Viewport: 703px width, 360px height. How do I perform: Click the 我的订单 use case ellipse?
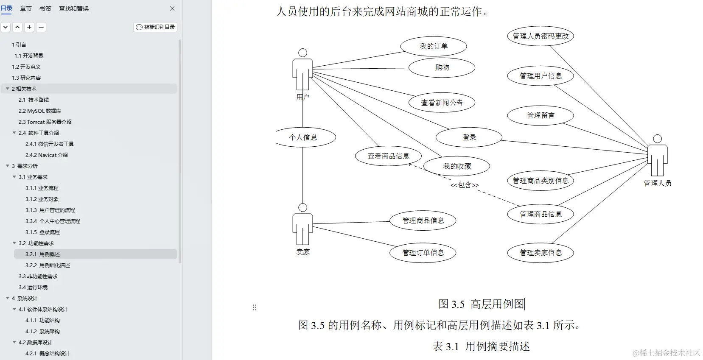(433, 46)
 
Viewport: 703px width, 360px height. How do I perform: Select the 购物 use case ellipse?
(442, 67)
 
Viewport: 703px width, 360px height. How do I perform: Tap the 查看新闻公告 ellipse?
(442, 103)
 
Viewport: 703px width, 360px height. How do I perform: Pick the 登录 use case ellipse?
(469, 137)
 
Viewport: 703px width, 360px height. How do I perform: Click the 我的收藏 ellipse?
(457, 166)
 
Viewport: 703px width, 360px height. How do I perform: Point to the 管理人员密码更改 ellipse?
(540, 36)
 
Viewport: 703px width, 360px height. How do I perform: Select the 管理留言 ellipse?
(540, 115)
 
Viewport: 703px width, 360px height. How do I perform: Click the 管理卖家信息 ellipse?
(540, 253)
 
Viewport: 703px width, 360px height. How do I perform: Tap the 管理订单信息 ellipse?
(423, 253)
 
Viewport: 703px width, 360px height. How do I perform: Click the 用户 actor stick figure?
(302, 70)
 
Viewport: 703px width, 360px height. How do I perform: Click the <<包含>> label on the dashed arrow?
(464, 185)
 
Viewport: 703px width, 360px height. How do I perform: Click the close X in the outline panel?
(172, 8)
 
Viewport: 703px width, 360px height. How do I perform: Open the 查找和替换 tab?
(74, 8)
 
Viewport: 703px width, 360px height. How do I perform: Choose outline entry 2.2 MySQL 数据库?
(40, 111)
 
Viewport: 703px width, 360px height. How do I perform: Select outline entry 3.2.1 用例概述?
(42, 254)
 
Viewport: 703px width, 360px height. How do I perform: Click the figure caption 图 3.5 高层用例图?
(481, 304)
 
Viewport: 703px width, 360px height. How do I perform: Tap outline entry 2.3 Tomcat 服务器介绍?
(45, 122)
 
